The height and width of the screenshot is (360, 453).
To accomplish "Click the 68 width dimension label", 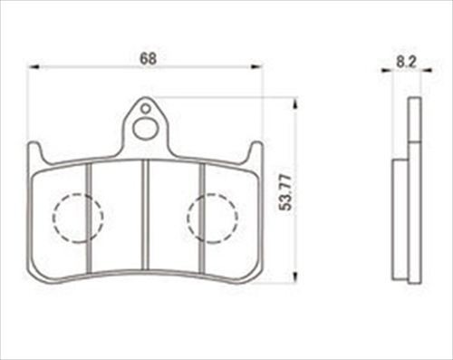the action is pyautogui.click(x=148, y=58).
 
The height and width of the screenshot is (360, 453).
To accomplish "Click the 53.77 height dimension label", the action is pyautogui.click(x=285, y=192).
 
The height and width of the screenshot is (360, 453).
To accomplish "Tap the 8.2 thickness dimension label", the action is pyautogui.click(x=406, y=62).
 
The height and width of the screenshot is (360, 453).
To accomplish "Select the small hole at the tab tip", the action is pyautogui.click(x=146, y=108).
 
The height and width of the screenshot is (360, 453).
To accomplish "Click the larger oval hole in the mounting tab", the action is pyautogui.click(x=146, y=129).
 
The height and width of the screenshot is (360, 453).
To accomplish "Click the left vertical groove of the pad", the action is pyautogui.click(x=88, y=218).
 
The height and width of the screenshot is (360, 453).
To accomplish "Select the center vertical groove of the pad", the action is pyautogui.click(x=146, y=214).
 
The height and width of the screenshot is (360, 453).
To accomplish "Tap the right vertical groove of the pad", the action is pyautogui.click(x=202, y=218).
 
